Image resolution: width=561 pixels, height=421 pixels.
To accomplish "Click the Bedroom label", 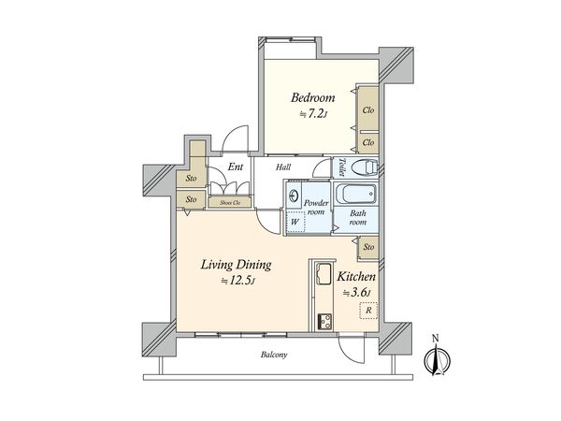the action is (x=312, y=97).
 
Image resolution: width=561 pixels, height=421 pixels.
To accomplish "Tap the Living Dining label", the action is (x=236, y=265).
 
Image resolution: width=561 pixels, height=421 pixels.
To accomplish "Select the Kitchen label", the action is (x=356, y=277).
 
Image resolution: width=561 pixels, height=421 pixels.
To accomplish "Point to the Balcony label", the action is (x=274, y=355).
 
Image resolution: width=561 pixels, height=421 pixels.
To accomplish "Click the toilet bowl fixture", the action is (x=365, y=167).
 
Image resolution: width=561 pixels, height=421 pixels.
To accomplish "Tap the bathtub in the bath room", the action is (x=354, y=194).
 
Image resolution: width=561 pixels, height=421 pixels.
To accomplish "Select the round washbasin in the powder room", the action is (x=294, y=196).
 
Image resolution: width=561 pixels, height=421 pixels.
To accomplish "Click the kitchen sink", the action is (x=324, y=273).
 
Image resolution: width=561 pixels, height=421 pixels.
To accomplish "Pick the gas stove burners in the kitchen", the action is (x=325, y=321).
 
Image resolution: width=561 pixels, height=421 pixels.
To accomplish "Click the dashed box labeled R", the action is (x=368, y=311).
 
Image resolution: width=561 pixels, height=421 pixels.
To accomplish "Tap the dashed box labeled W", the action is (x=295, y=222).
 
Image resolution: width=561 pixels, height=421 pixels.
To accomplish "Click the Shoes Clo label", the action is (x=230, y=203).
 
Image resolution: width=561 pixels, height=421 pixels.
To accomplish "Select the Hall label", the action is (x=283, y=167).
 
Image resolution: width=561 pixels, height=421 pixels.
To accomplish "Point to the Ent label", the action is (x=236, y=167).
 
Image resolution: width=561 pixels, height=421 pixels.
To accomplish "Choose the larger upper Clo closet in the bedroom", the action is (x=368, y=109).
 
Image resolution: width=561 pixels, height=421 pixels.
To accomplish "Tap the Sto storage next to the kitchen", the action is (x=368, y=247).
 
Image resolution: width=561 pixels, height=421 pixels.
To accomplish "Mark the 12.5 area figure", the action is (x=237, y=281).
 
